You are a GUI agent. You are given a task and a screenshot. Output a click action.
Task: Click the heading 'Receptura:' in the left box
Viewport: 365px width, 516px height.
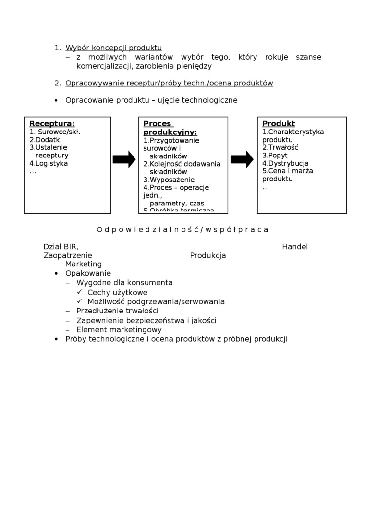click(x=52, y=124)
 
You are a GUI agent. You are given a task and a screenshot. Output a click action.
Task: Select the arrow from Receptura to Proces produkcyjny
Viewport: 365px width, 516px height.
click(x=124, y=159)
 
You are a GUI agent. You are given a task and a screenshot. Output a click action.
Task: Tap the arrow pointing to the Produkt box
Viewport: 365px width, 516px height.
click(x=242, y=159)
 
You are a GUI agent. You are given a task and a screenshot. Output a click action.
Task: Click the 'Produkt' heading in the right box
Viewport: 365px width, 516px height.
click(x=279, y=124)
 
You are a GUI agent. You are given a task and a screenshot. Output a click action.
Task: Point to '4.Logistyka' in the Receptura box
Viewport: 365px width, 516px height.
click(x=49, y=163)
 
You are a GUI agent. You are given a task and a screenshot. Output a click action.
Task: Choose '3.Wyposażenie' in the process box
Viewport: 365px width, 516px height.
click(x=169, y=180)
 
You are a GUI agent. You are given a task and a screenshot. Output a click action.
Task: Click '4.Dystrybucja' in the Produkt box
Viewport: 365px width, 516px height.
click(x=285, y=163)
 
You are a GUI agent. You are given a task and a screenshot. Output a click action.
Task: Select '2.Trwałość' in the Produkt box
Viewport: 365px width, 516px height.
click(x=280, y=147)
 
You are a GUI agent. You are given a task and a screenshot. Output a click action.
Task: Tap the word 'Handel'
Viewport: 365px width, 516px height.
click(x=295, y=247)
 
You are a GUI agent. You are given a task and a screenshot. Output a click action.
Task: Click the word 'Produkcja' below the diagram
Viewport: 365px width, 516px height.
click(x=208, y=256)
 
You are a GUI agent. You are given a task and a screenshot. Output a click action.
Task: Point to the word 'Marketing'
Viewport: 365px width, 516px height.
click(x=84, y=264)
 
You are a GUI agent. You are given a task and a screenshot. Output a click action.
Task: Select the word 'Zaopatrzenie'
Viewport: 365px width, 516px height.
click(x=68, y=256)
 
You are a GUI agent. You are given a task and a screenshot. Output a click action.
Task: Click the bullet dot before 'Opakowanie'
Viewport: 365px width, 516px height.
click(x=56, y=274)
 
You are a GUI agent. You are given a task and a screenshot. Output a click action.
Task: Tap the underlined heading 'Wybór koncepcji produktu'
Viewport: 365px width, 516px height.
click(x=114, y=48)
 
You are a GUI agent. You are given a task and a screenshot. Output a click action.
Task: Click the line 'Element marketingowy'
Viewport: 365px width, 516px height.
click(x=119, y=330)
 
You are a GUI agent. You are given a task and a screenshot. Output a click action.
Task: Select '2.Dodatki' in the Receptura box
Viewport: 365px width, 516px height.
click(x=46, y=140)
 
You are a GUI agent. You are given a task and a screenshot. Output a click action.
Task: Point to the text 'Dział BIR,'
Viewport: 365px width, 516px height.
click(x=61, y=247)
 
